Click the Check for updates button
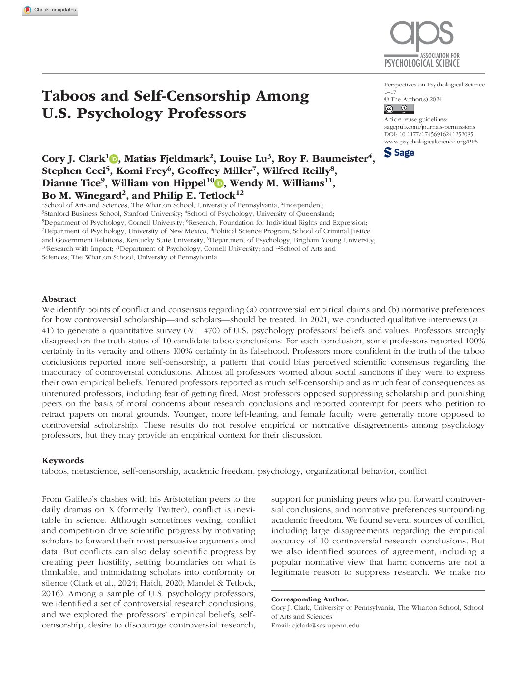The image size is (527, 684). coord(50,10)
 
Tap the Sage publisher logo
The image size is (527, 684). coord(399,153)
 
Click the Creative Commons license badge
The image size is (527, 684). coord(399,109)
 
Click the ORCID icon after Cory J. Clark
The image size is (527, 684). coord(114,159)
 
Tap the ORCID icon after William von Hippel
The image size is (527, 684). coord(219,183)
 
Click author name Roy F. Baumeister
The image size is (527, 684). coord(323,159)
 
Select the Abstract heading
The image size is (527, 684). coord(59,299)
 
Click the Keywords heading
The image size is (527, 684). coord(62,461)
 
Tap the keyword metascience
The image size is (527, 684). coord(95,471)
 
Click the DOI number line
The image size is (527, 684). coord(429,134)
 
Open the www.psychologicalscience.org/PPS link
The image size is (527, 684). coord(431,142)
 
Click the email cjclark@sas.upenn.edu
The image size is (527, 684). coord(325,626)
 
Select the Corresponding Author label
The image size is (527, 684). coord(310,599)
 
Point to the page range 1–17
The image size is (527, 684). coord(390,92)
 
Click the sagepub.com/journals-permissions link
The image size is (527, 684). coord(430,127)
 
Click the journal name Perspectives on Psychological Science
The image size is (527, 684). coord(434,85)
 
